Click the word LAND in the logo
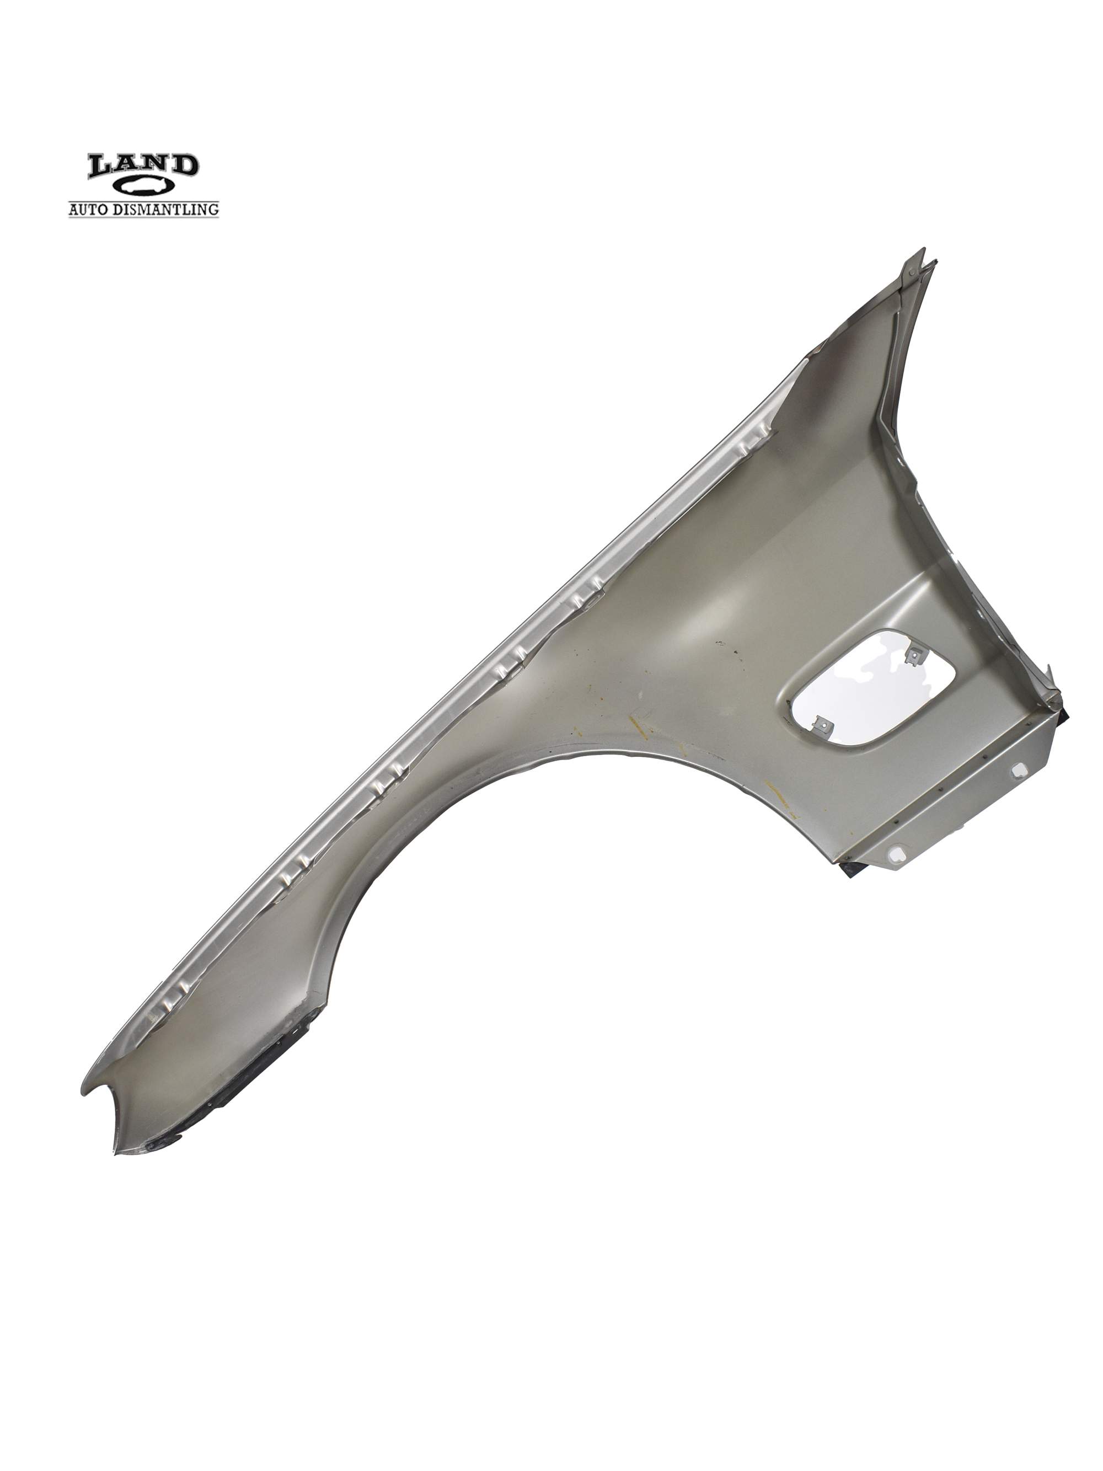pos(143,165)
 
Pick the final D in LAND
pos(184,165)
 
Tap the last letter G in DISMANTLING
pos(213,210)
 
